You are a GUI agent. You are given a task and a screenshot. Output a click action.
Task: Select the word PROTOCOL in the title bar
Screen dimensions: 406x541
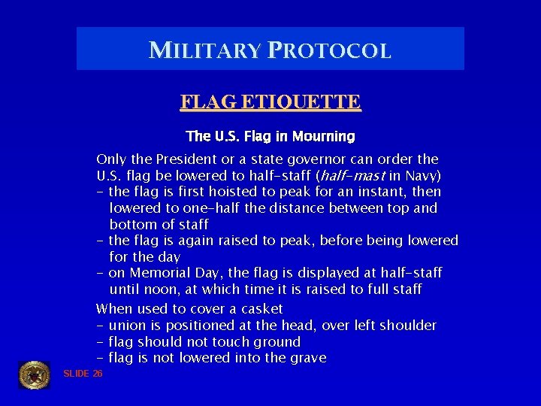(x=328, y=50)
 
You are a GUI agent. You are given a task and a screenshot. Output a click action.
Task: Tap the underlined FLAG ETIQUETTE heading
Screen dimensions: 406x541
(x=270, y=101)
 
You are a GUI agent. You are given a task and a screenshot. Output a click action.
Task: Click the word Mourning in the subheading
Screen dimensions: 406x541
(x=325, y=136)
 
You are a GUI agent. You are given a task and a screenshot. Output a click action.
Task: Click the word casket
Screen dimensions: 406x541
(x=262, y=309)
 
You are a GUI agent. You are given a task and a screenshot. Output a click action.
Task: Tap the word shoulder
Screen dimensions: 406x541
(x=407, y=326)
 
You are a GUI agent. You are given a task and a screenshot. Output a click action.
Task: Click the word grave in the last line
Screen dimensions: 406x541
(x=307, y=358)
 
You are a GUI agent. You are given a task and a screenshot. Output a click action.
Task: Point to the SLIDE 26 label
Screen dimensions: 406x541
(x=83, y=374)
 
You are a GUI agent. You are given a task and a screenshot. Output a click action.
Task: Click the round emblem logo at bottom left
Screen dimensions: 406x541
(x=34, y=374)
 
